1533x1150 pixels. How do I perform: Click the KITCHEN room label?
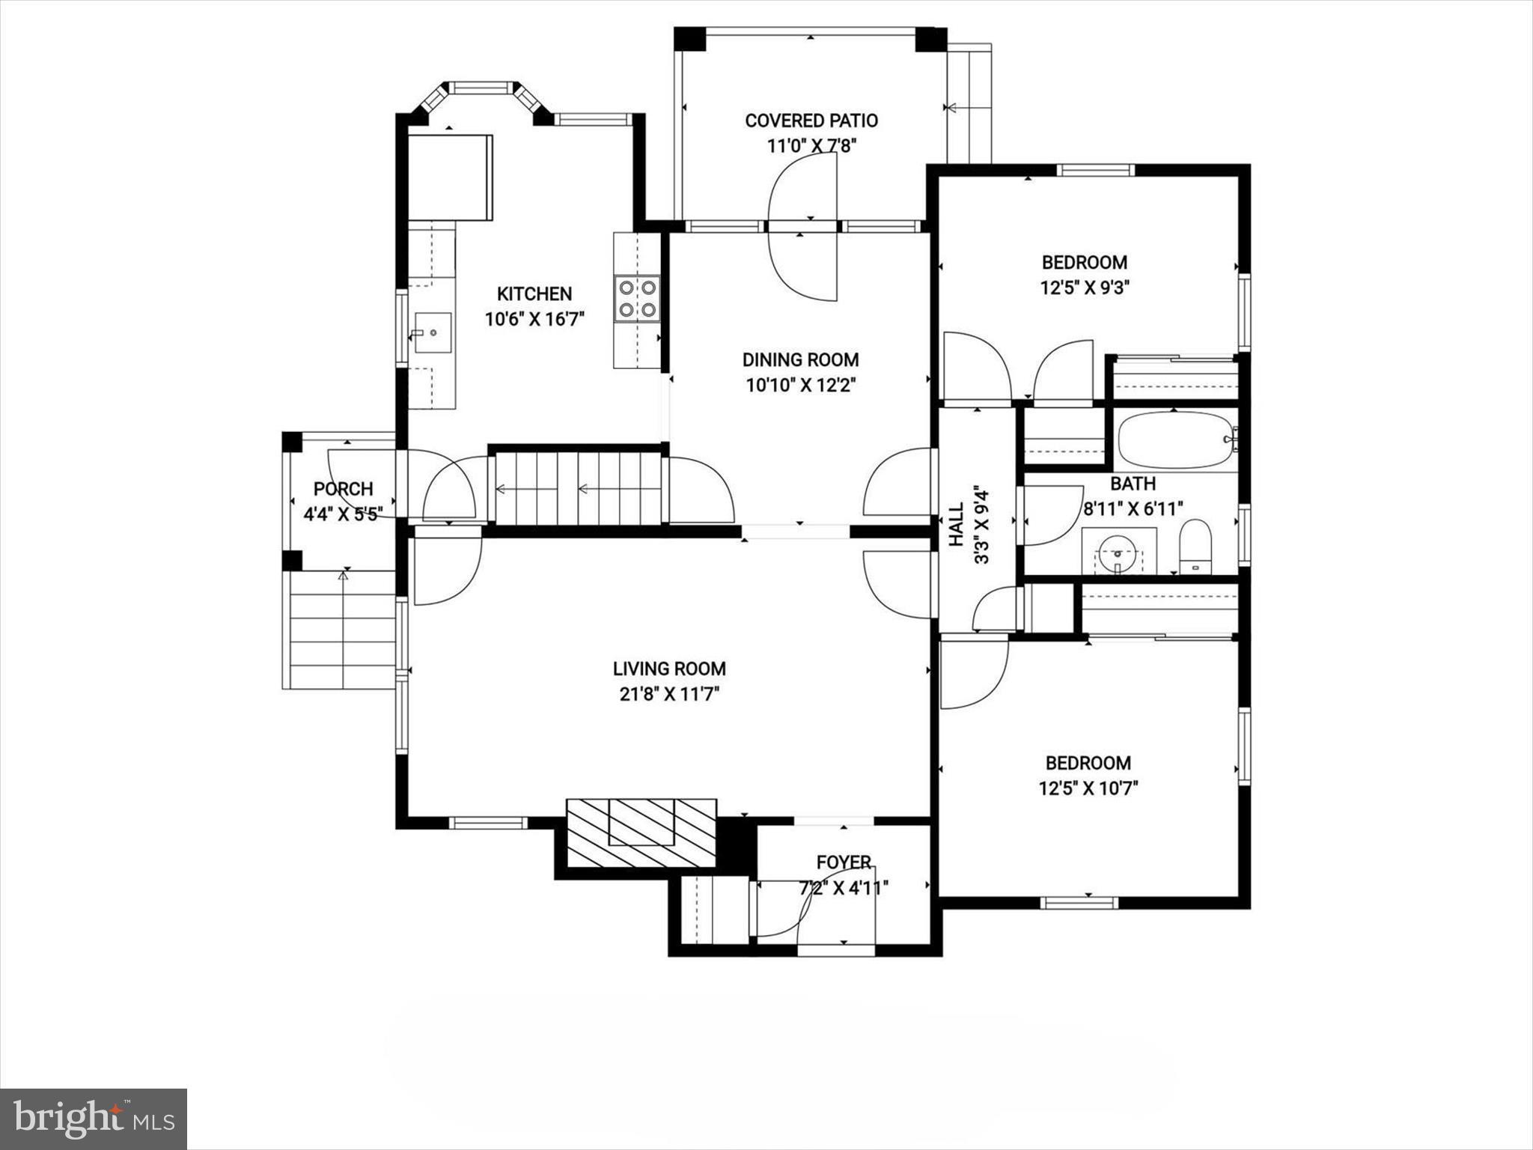534,293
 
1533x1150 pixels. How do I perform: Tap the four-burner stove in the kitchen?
638,298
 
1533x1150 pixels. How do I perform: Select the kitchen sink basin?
433,332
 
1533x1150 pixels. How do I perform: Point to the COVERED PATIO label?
811,121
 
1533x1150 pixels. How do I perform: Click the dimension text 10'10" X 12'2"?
800,386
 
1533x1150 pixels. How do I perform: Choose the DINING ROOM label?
800,360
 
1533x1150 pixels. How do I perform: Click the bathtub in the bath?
1175,439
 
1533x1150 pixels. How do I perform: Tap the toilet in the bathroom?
1195,547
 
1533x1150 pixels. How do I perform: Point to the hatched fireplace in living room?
641,833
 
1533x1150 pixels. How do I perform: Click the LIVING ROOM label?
669,669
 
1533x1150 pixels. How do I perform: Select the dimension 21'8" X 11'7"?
669,694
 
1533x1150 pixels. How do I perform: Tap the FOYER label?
844,862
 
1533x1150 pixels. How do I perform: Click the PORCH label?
343,489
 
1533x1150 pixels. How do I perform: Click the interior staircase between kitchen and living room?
576,490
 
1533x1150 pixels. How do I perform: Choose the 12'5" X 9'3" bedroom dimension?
1084,288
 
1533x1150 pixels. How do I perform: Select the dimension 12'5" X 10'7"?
1088,788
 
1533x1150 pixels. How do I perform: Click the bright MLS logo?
94,1119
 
